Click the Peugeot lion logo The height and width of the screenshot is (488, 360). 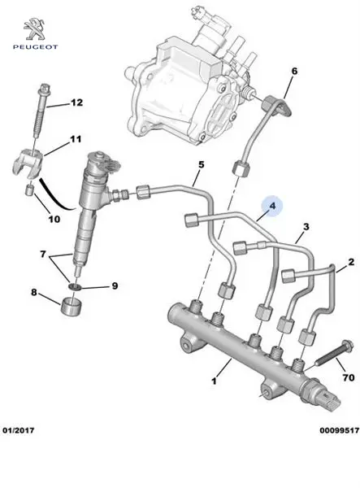pyautogui.click(x=35, y=29)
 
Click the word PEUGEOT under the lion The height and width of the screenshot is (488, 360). pyautogui.click(x=35, y=47)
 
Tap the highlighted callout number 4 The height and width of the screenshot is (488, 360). pyautogui.click(x=272, y=206)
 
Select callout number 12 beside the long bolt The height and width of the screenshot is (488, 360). pyautogui.click(x=76, y=102)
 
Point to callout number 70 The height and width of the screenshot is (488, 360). pyautogui.click(x=348, y=377)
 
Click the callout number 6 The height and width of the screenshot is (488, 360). pyautogui.click(x=294, y=71)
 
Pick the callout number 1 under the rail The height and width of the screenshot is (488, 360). pyautogui.click(x=214, y=381)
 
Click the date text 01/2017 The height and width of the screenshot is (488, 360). pyautogui.click(x=19, y=430)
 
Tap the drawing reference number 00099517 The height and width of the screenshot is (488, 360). pyautogui.click(x=339, y=430)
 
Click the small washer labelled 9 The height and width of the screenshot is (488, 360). pyautogui.click(x=75, y=286)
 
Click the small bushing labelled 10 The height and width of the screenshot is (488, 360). pyautogui.click(x=29, y=190)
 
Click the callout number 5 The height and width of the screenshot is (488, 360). pyautogui.click(x=202, y=164)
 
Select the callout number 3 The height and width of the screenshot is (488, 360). pyautogui.click(x=306, y=227)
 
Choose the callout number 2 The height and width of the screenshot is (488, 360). pyautogui.click(x=351, y=262)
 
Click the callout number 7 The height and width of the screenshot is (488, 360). pyautogui.click(x=43, y=255)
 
